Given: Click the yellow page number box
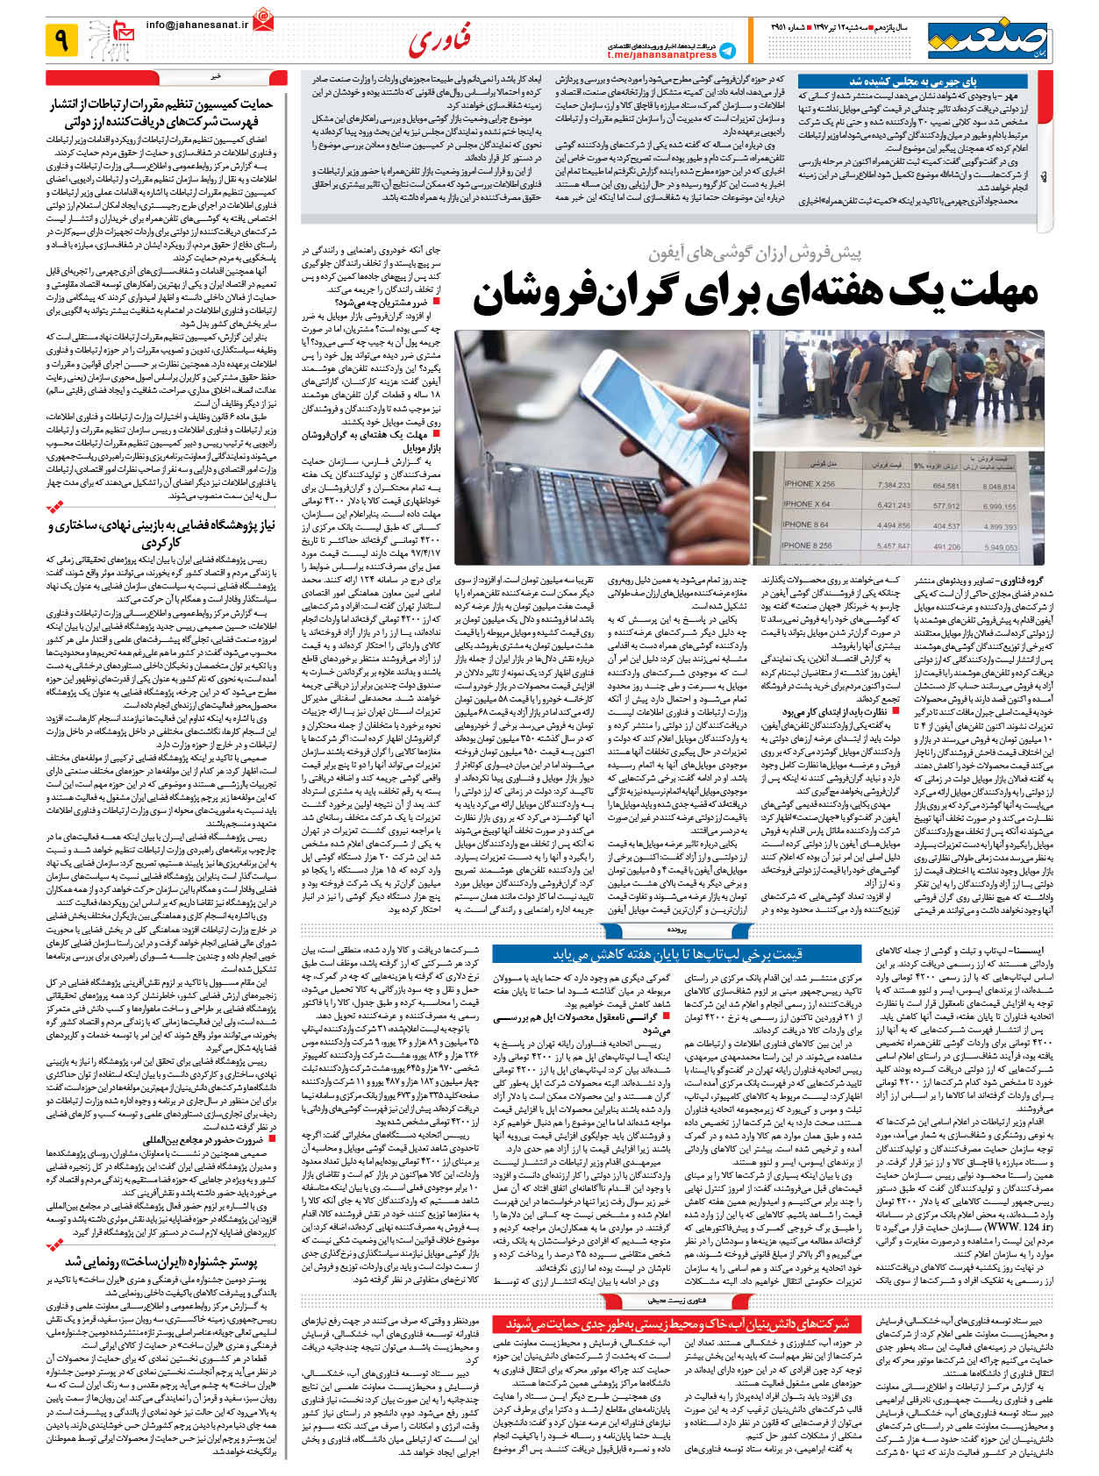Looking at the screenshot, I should click(61, 39).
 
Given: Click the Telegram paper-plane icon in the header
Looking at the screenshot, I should click(727, 50).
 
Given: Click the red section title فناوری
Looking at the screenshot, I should click(439, 39).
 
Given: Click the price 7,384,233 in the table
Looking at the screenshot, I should click(893, 484).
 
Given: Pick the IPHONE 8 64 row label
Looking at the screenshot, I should click(806, 524).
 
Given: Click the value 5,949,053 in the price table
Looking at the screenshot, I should click(1000, 546).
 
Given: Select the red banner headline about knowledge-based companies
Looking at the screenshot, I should click(676, 1323).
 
